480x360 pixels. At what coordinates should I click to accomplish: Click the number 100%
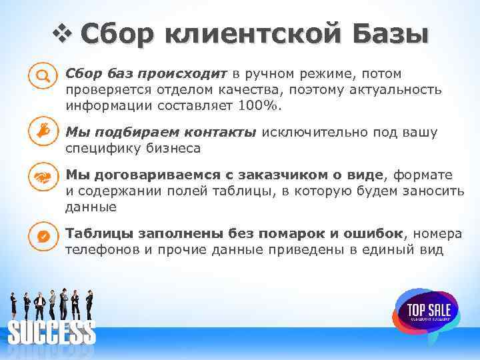(x=265, y=105)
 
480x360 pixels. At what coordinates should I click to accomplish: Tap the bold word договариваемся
(x=151, y=175)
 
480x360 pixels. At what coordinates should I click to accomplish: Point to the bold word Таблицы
(x=98, y=233)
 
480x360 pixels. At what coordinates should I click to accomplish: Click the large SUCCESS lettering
(x=51, y=332)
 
